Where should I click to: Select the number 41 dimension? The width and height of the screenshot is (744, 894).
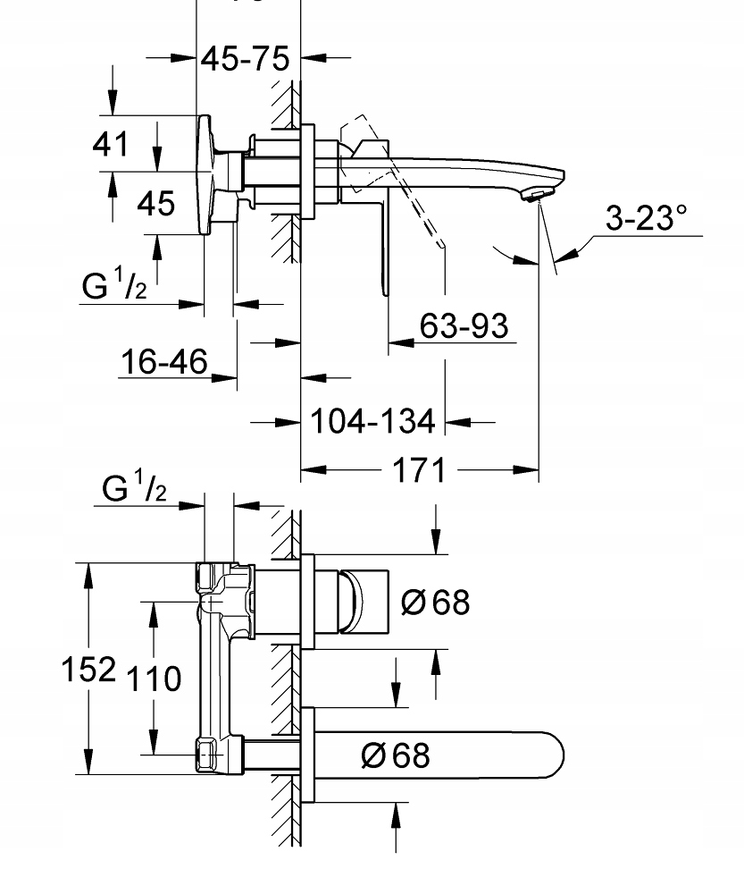click(x=112, y=143)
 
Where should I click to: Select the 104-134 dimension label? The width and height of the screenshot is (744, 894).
click(x=372, y=420)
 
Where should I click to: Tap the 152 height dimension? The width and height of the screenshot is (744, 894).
click(x=89, y=669)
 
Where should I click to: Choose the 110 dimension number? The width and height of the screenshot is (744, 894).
click(x=153, y=679)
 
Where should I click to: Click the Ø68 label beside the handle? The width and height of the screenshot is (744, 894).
click(x=435, y=602)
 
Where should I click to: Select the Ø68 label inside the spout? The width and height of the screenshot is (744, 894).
click(x=395, y=755)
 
